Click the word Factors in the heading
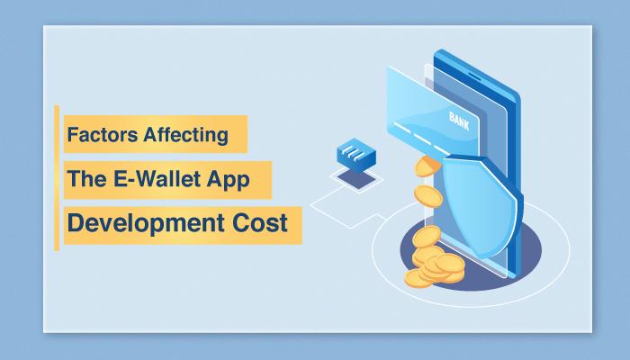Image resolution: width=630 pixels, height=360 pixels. (x=102, y=134)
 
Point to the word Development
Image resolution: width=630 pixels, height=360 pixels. (x=146, y=223)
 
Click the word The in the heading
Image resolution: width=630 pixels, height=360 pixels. (x=87, y=178)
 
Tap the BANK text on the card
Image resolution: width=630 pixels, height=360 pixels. (x=459, y=121)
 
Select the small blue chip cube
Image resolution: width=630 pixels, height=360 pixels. (x=356, y=156)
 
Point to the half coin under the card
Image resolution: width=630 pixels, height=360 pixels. (x=427, y=166)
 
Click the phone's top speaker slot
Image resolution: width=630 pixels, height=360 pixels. (x=474, y=76)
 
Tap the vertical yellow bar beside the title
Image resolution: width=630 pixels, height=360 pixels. (x=57, y=178)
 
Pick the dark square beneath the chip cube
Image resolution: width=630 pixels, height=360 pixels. (x=356, y=179)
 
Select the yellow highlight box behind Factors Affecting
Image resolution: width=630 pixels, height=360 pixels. (x=156, y=134)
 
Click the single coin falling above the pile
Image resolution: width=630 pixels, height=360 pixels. (x=428, y=196)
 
